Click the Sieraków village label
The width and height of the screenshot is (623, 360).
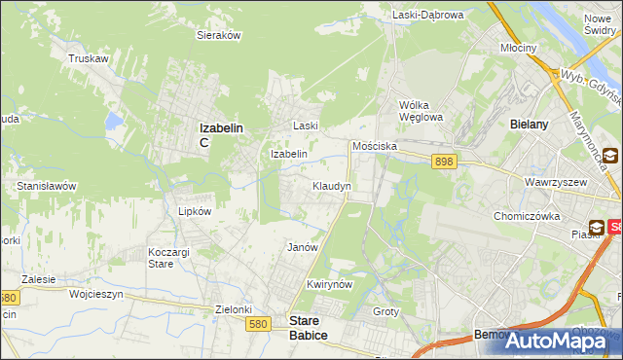coord(219,34)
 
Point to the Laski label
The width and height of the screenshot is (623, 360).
coord(307,126)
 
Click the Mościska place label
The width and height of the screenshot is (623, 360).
coord(374,145)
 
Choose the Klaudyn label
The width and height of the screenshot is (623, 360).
coord(331,185)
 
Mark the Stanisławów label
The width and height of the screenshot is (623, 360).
coord(47,185)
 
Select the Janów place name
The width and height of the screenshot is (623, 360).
coord(303,247)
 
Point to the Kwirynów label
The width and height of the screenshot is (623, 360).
coord(327,284)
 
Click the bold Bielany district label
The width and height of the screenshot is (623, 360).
coord(531,125)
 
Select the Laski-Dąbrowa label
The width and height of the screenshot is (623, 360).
coord(428,15)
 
